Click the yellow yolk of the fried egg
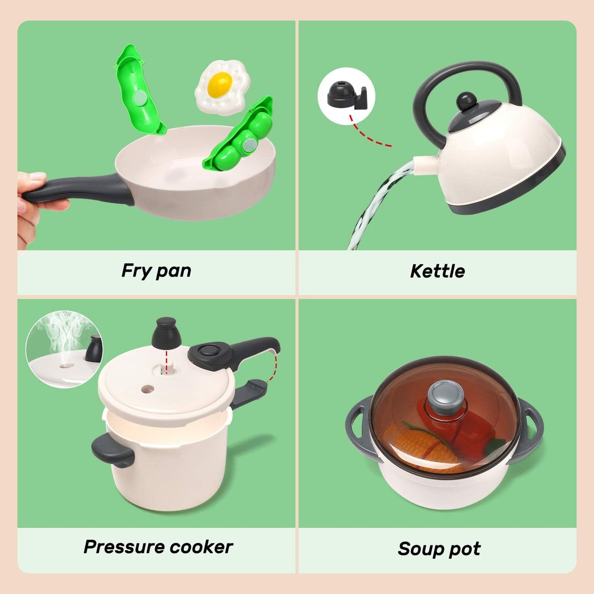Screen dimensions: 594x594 click(x=220, y=82)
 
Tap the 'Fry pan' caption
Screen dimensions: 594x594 click(x=156, y=271)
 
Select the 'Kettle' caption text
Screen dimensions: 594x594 click(x=437, y=271)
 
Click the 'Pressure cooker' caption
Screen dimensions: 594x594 click(x=158, y=547)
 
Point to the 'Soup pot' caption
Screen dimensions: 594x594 click(x=439, y=549)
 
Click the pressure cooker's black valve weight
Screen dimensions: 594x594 click(x=166, y=333)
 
